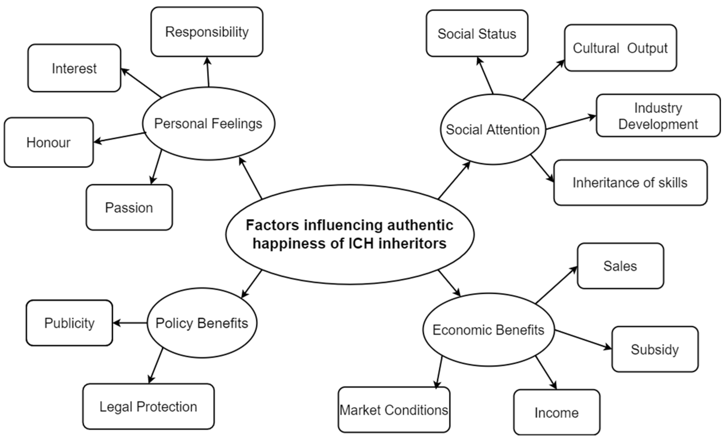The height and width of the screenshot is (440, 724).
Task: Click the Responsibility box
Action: point(207,32)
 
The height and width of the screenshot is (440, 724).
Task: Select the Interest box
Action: point(74,68)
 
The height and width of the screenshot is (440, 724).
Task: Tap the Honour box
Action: point(49,143)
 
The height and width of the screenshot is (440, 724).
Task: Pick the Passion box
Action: point(129,207)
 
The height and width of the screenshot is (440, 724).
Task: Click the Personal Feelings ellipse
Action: point(208,123)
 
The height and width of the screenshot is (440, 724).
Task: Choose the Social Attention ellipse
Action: point(493,129)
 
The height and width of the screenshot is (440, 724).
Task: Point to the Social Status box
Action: point(477,34)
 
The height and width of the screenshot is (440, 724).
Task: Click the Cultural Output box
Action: point(620,48)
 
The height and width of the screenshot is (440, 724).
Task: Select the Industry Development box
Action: point(658,116)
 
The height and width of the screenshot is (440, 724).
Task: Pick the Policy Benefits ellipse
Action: point(202,323)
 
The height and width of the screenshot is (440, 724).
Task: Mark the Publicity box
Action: point(69,323)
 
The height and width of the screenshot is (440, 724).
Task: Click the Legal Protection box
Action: point(148,406)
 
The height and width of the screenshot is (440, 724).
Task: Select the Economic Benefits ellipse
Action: point(488,330)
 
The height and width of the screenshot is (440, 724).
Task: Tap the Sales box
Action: point(620,266)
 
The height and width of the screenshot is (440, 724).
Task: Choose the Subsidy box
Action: point(655,350)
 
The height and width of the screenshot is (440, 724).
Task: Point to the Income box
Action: point(557,412)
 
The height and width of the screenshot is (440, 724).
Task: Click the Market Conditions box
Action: point(394,410)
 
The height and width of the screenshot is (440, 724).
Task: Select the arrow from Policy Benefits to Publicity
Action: point(130,323)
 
